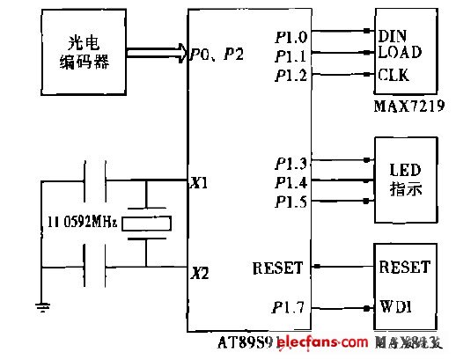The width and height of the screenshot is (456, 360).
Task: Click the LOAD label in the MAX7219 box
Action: pyautogui.click(x=400, y=53)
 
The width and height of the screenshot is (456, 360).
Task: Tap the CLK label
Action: pyautogui.click(x=393, y=76)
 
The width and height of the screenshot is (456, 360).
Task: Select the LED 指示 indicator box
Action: pyautogui.click(x=406, y=179)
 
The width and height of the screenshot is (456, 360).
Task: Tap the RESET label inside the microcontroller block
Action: pyautogui.click(x=276, y=267)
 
